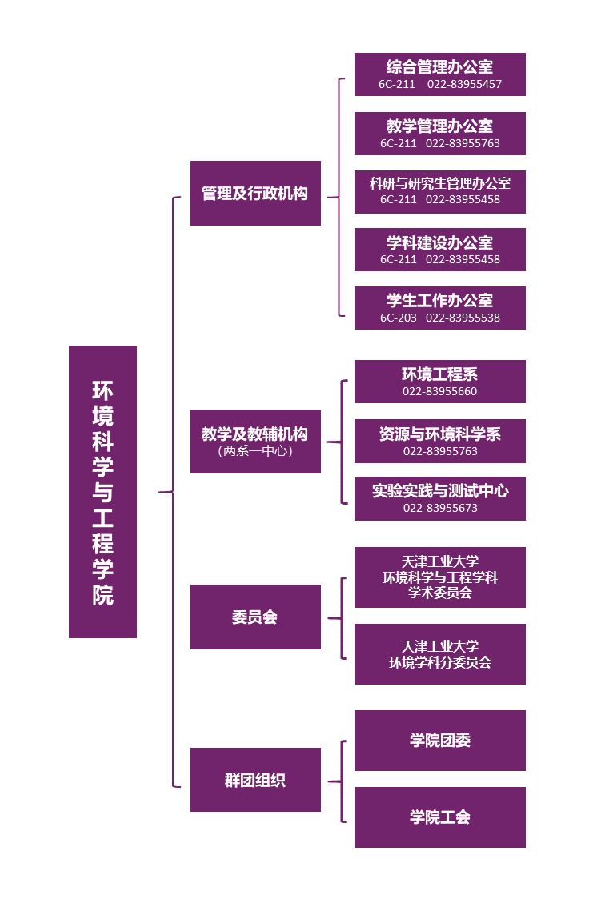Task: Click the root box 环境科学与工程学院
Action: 102,492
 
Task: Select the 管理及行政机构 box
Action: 255,194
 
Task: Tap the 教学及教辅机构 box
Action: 255,442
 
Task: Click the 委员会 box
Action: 255,617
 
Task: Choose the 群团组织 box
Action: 255,780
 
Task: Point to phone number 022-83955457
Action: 464,84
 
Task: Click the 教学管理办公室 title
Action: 439,126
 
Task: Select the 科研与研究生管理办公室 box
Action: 440,191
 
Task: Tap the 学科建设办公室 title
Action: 439,242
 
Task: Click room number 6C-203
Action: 399,318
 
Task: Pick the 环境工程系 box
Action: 440,382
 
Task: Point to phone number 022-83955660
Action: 440,391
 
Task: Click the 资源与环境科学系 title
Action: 440,434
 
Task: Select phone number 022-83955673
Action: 441,508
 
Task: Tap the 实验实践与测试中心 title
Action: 440,490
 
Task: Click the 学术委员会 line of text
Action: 440,593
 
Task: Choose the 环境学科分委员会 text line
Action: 440,662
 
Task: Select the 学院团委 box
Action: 440,741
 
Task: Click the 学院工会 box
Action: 440,817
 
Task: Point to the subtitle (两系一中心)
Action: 255,450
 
